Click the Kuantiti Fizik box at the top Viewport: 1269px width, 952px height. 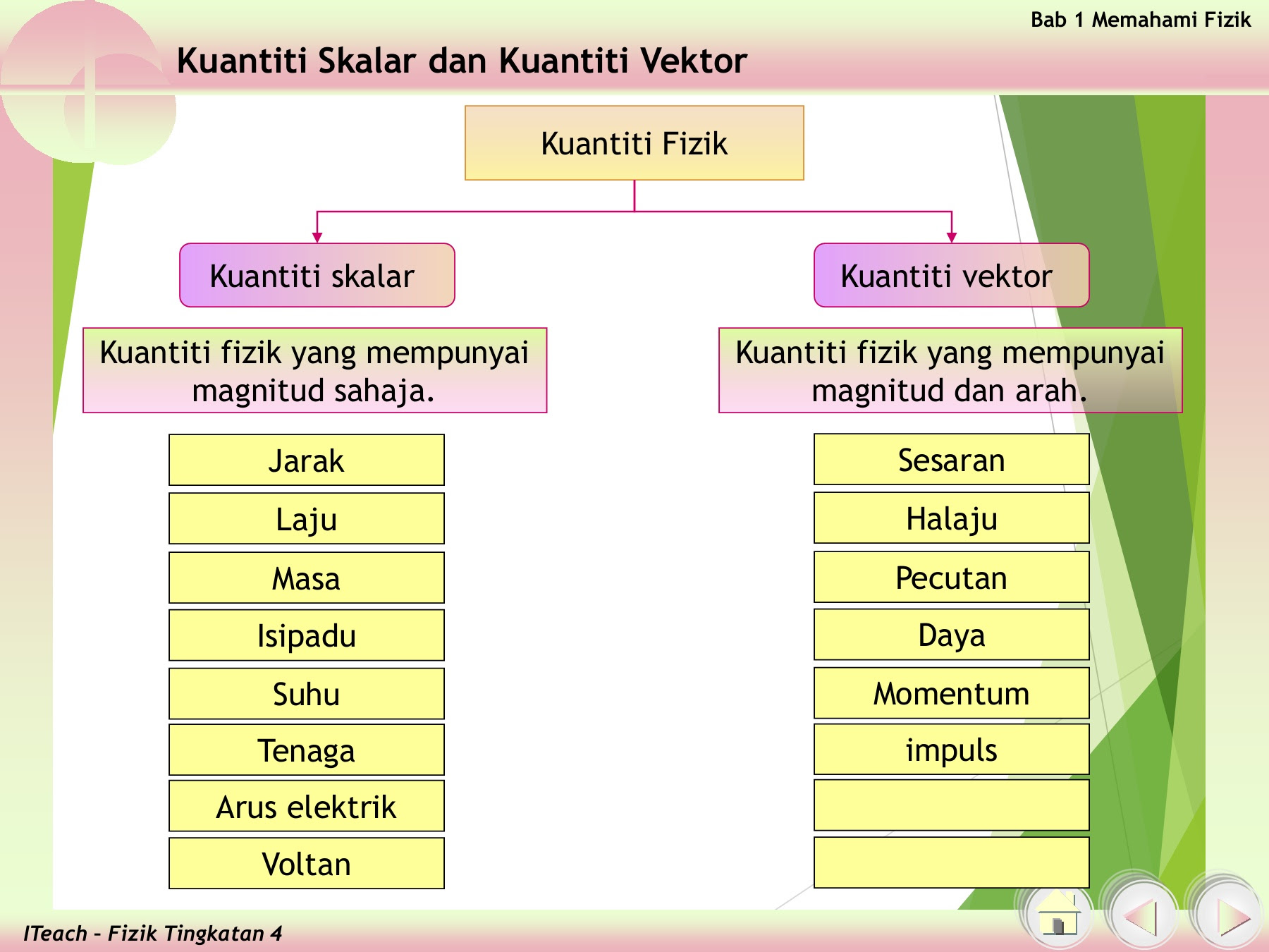[x=634, y=143]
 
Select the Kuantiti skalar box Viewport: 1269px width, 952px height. [x=317, y=275]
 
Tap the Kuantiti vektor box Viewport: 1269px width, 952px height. [x=952, y=275]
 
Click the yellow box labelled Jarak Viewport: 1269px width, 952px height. [x=307, y=460]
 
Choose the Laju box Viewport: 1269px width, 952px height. [x=307, y=518]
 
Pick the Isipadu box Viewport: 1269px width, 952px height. [x=307, y=635]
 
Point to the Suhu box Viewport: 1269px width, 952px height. [x=307, y=694]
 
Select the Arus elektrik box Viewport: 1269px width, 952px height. [x=307, y=806]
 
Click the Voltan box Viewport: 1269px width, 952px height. [x=307, y=863]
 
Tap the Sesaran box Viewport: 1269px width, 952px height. [x=952, y=459]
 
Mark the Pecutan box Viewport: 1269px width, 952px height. [x=952, y=577]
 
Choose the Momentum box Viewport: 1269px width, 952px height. [x=952, y=693]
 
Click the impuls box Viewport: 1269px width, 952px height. [x=952, y=749]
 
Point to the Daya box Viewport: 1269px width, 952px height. [x=952, y=635]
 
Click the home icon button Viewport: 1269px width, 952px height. [x=1058, y=915]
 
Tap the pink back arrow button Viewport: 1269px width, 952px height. [x=1143, y=915]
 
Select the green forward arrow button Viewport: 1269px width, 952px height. [x=1227, y=915]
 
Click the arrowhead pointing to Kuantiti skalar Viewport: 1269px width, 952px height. [x=317, y=238]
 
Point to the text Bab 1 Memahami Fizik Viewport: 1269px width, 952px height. [x=1141, y=20]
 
